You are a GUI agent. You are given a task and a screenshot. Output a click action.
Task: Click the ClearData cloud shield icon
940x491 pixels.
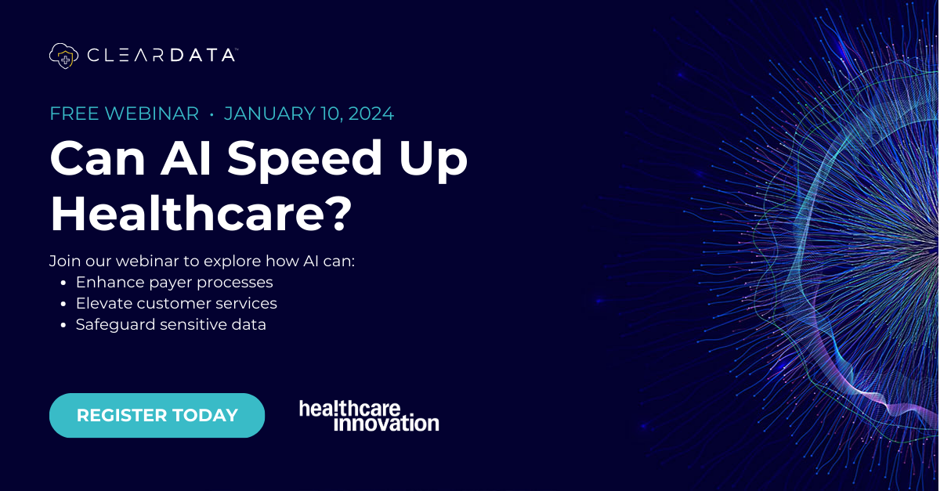(64, 56)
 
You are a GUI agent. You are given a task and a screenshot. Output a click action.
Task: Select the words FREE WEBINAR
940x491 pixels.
(125, 114)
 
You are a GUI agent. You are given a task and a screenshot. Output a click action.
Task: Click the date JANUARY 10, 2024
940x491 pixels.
(309, 114)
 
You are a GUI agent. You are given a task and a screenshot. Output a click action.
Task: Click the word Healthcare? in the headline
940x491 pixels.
(201, 211)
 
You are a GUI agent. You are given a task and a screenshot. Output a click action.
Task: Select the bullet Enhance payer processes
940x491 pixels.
(174, 282)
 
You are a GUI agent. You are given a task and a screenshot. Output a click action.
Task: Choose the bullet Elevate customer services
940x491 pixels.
(176, 303)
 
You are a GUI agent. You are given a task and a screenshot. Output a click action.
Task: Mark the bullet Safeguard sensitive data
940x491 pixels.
(171, 324)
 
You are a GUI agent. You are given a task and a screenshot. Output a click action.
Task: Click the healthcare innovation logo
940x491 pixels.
(369, 416)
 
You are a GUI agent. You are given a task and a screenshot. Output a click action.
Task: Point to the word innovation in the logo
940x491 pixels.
(386, 424)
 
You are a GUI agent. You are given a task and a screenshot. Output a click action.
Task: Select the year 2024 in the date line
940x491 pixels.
(371, 114)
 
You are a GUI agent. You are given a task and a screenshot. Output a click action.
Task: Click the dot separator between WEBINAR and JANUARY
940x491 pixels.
(211, 114)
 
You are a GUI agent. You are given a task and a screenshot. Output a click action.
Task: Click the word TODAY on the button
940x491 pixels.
(203, 415)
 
